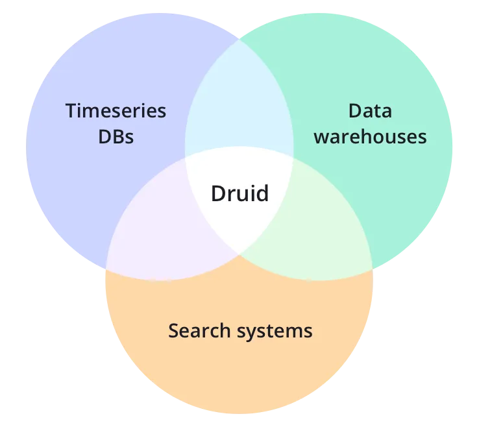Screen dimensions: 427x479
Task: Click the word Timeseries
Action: (116, 111)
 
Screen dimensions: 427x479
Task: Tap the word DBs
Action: (116, 137)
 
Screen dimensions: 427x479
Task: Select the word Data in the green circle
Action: (370, 111)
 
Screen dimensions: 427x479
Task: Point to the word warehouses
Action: (370, 137)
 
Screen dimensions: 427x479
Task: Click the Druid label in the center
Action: (239, 193)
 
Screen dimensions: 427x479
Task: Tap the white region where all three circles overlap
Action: (239, 214)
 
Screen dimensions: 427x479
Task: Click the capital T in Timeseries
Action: (71, 111)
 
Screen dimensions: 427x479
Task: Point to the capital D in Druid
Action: (217, 193)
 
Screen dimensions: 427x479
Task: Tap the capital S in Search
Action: (173, 331)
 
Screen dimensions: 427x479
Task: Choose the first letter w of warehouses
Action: (320, 138)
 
